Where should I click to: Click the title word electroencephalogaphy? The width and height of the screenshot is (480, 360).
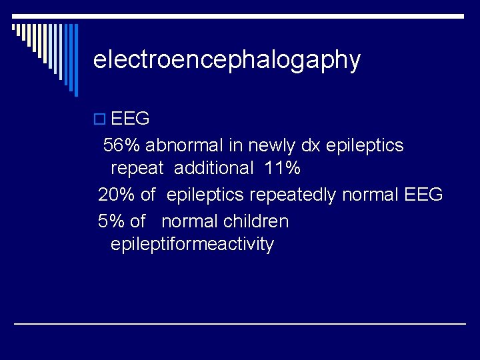coord(227,60)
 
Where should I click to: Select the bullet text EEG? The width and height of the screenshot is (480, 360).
coord(130,119)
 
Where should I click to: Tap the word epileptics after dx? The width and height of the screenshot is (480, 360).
coord(365,145)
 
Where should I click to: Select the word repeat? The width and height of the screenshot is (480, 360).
coord(137,169)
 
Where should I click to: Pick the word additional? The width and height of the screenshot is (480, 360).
coord(213,168)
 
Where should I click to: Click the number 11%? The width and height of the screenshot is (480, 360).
coord(282,168)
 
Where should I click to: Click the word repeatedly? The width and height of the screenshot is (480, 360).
coord(293,195)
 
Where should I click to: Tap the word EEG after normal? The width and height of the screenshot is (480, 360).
coord(423,195)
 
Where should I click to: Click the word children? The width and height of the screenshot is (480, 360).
coord(256,221)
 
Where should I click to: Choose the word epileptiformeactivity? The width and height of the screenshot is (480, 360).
coord(192,245)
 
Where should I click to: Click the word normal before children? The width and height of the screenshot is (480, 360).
coord(190,221)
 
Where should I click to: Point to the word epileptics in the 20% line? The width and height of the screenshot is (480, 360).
coord(205,195)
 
